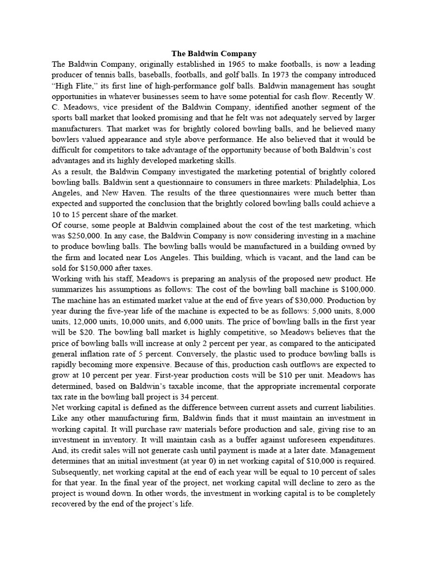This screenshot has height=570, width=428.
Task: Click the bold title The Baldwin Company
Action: coord(214,53)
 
